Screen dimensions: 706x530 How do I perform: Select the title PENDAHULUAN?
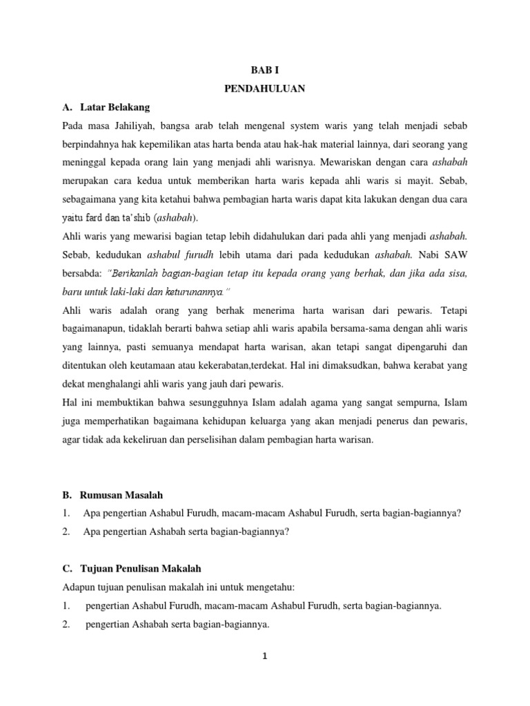tap(264, 89)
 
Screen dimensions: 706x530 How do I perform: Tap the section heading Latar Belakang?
tap(115, 108)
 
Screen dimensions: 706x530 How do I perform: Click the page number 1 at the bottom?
tap(264, 656)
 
